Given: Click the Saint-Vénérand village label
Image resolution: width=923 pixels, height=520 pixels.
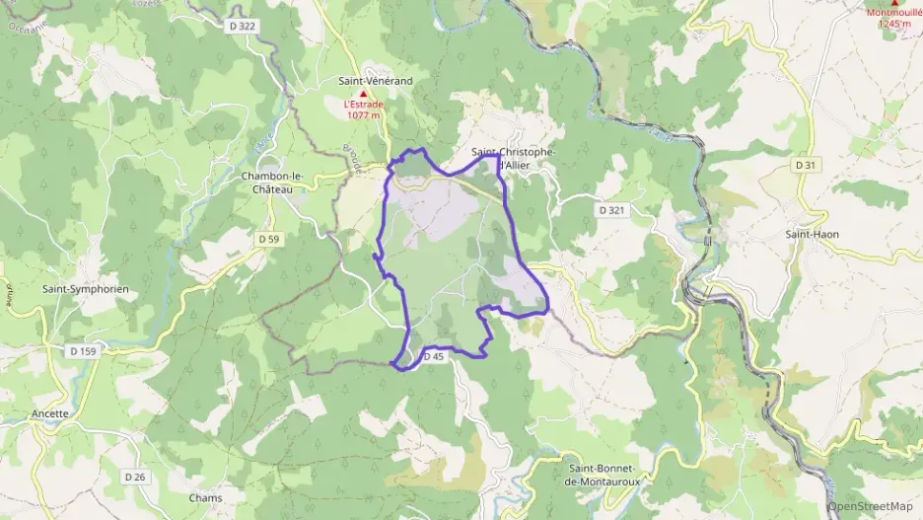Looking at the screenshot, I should (x=375, y=81).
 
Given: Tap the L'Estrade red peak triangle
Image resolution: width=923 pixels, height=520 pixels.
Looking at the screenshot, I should (x=362, y=94).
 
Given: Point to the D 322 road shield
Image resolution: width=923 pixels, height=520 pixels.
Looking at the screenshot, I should (x=248, y=27).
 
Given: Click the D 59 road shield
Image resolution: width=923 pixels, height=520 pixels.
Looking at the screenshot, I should (x=268, y=239).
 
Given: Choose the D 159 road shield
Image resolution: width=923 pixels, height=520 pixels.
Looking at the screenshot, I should (x=84, y=350).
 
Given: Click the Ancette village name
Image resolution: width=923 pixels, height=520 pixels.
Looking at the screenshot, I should (x=50, y=413).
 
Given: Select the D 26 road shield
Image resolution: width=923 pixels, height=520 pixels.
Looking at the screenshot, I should (x=135, y=477).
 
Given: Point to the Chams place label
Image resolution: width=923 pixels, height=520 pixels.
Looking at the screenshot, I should (x=205, y=497).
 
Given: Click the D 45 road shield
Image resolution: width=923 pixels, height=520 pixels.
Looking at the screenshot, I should (x=434, y=357).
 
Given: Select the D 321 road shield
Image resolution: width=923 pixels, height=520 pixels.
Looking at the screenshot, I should (x=611, y=210).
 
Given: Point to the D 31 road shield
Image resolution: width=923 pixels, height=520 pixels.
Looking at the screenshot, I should (x=806, y=165).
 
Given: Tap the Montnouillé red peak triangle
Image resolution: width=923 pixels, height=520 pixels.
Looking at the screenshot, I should (x=893, y=3).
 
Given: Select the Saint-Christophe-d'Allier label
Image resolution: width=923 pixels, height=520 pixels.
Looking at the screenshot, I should (x=513, y=158).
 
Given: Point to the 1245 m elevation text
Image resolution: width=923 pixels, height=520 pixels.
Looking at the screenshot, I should (x=896, y=24).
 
